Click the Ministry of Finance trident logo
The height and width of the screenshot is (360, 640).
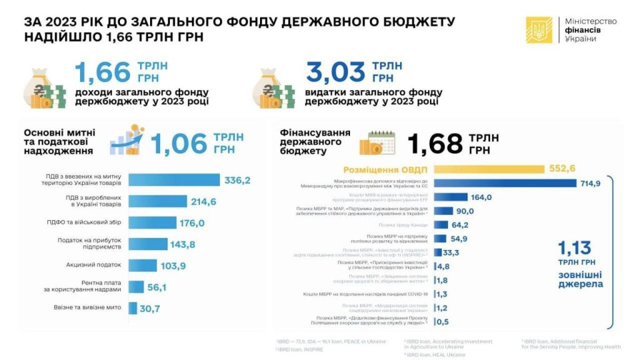click(539, 30)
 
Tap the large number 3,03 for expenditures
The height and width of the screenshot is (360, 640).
click(336, 72)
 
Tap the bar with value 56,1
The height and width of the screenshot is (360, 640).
click(136, 286)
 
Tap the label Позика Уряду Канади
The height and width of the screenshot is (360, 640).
click(403, 224)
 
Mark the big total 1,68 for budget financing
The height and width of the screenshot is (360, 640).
click(434, 143)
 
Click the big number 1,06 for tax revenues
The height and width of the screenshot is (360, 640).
click(179, 143)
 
